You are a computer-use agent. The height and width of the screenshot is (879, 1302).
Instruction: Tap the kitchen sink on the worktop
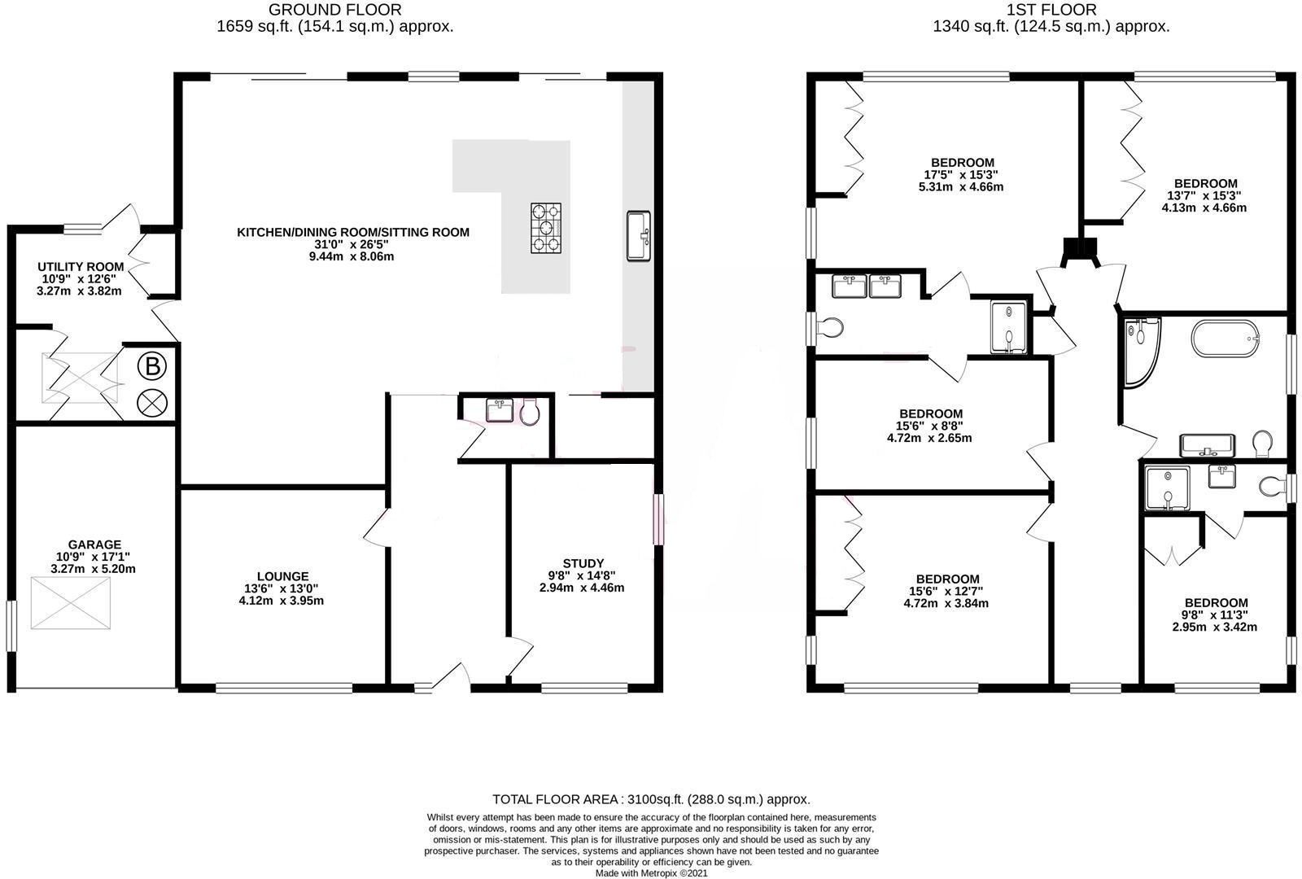click(x=639, y=236)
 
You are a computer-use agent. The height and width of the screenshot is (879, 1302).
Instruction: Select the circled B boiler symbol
click(x=151, y=367)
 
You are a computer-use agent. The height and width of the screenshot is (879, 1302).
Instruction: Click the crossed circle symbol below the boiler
click(x=151, y=401)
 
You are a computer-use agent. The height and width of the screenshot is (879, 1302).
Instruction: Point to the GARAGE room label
click(x=94, y=544)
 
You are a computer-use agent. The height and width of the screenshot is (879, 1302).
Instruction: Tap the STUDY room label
click(x=583, y=563)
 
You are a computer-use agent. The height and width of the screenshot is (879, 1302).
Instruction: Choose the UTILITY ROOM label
click(x=81, y=266)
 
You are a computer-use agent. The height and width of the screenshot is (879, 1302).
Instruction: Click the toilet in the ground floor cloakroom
click(x=530, y=413)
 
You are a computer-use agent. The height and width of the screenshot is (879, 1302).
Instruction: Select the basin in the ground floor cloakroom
click(x=500, y=410)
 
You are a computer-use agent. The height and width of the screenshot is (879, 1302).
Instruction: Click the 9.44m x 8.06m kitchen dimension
click(x=352, y=256)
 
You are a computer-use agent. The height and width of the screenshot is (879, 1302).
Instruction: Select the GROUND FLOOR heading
click(x=334, y=10)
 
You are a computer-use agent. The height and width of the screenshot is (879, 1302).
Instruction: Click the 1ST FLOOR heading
click(x=1051, y=10)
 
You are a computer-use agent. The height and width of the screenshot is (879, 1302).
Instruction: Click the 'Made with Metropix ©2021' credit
click(x=651, y=872)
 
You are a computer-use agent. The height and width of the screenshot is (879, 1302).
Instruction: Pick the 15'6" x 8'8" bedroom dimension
click(x=930, y=426)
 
